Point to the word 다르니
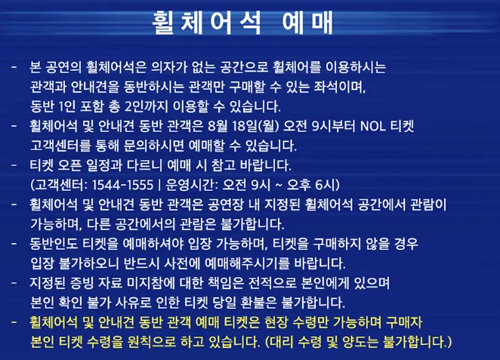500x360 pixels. pyautogui.click(x=158, y=165)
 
